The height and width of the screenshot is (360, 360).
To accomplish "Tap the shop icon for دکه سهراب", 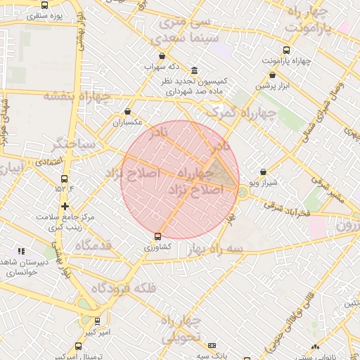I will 162,56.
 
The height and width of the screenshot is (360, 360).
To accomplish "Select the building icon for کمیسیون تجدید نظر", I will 194,70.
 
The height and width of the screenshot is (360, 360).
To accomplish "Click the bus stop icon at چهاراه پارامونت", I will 285,50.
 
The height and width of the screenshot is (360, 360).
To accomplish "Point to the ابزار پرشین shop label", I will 272,85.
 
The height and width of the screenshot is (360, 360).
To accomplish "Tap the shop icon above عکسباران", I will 127,111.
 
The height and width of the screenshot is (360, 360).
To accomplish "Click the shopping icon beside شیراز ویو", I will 263,172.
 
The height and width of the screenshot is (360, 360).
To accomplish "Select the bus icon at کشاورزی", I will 157,236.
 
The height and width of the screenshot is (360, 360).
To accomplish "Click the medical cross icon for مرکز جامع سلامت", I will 65,207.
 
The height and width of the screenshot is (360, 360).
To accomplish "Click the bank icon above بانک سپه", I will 212,345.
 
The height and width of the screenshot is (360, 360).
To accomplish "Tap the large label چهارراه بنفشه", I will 78,96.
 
